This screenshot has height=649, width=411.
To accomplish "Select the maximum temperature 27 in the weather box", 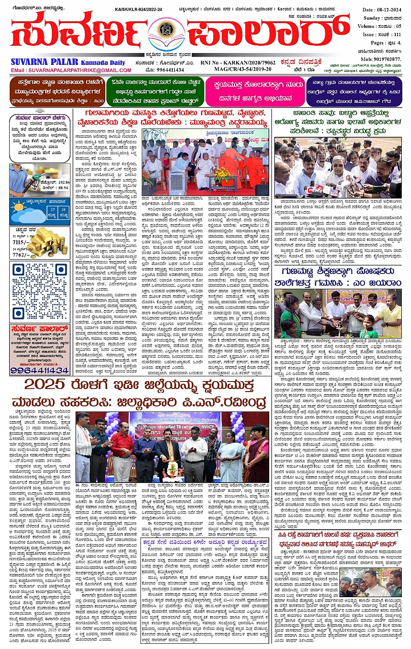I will tap(53, 210).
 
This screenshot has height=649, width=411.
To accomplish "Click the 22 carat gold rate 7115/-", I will tap(20, 242).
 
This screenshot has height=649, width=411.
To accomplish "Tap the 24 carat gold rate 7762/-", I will tap(21, 255).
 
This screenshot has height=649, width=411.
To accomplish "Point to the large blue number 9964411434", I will tap(39, 370).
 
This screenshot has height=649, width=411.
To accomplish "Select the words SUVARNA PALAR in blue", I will tap(44, 62).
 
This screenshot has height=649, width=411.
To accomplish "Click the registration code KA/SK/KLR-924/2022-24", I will tap(138, 10).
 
